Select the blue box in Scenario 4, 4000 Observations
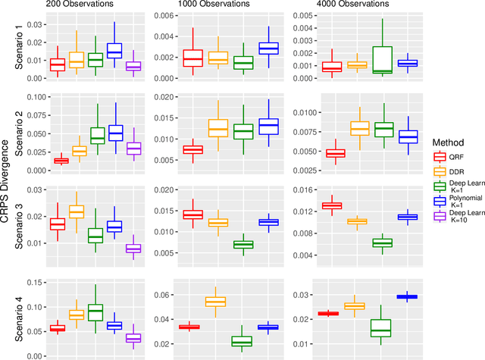point(408,296)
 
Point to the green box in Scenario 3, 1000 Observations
point(242,244)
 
